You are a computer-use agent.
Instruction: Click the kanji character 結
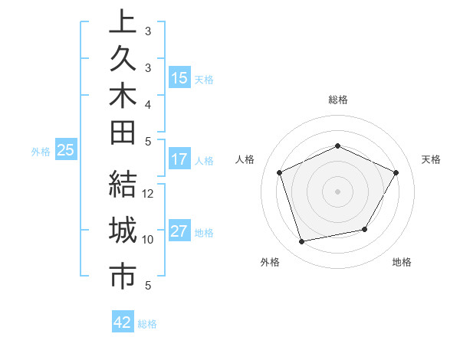(123, 185)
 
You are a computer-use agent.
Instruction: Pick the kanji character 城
(123, 231)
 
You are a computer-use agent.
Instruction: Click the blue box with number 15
(179, 78)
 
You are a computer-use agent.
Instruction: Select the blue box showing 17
(179, 160)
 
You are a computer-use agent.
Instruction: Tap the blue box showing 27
(179, 232)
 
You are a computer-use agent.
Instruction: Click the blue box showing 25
(66, 151)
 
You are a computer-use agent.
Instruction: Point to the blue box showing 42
(123, 322)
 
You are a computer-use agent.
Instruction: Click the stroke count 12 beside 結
(148, 194)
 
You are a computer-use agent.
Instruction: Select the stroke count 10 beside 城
(148, 239)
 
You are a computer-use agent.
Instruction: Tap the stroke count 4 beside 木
(148, 103)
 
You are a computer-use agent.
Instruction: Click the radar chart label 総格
(337, 100)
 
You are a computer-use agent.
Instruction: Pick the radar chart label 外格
(270, 262)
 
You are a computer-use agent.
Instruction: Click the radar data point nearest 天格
(396, 172)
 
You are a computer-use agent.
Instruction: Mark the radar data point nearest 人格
(280, 172)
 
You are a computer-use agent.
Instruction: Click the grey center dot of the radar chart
(337, 191)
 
